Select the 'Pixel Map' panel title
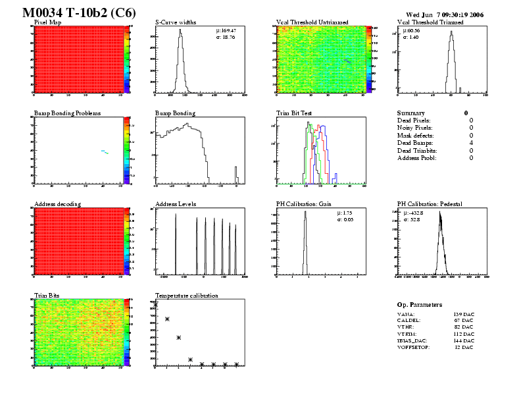[x=48, y=22]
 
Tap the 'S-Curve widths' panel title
[x=176, y=22]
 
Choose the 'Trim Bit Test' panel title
[x=294, y=113]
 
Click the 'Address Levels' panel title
[x=176, y=204]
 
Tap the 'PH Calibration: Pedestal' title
[x=431, y=204]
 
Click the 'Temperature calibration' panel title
[x=187, y=295]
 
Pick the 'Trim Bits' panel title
[x=47, y=295]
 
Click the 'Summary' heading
[x=411, y=113]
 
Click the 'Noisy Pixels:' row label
[x=416, y=128]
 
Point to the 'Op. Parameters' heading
[x=420, y=305]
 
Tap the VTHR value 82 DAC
[x=464, y=326]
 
